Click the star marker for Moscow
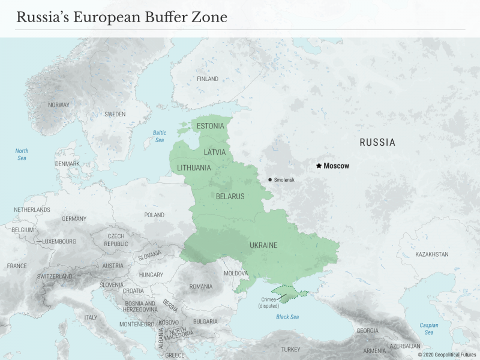pos(319,166)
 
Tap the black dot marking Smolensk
pos(270,179)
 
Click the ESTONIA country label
pos(210,126)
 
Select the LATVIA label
pos(214,152)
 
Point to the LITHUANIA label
pos(194,168)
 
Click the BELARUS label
pos(230,196)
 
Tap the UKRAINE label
pos(263,245)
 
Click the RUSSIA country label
pos(377,142)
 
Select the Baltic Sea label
pos(159,136)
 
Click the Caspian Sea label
pos(428,329)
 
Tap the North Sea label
pos(22,154)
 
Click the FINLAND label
pos(208,79)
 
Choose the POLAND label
pos(154,215)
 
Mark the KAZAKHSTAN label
pos(431,254)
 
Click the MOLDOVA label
pos(235,274)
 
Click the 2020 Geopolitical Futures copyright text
pos(446,355)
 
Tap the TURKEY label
pos(290,349)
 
